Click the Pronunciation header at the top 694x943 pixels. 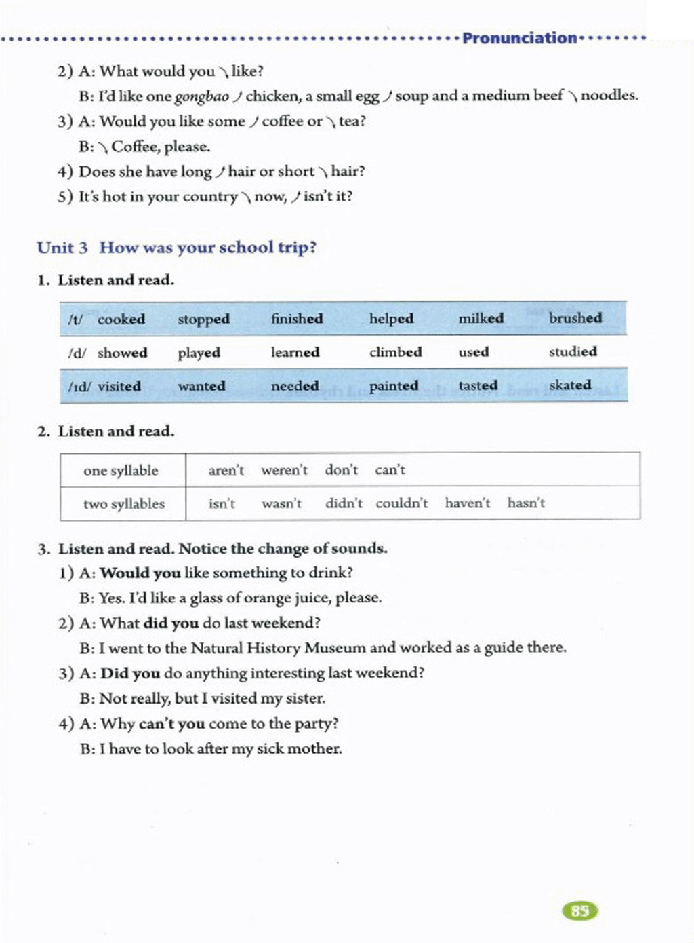coord(519,38)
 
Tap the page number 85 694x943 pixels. coord(580,910)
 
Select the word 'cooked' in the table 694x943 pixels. coord(121,319)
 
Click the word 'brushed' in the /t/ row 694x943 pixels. coord(575,317)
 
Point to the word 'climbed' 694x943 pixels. coord(395,352)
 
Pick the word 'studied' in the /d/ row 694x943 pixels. coord(573,351)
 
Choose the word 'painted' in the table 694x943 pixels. coord(393,385)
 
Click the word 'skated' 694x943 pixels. coord(570,385)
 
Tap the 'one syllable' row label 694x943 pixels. coord(121,470)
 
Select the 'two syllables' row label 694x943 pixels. coord(124,503)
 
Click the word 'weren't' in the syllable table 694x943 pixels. coord(284,469)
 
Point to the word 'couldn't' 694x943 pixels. coord(402,503)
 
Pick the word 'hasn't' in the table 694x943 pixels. coord(526,503)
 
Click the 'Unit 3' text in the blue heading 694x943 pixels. coord(62,247)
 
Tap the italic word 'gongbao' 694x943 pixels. coord(202,96)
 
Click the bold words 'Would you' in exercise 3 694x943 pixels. coord(140,573)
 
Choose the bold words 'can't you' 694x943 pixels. coord(171,723)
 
